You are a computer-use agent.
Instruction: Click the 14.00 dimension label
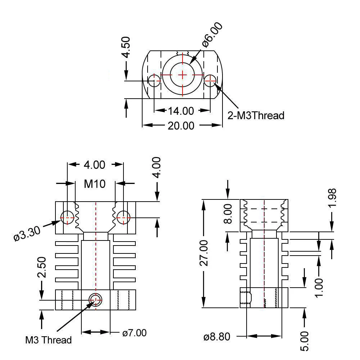[182, 111]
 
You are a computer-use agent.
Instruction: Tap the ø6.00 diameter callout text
[212, 35]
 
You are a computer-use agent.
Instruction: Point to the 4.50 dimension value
[126, 47]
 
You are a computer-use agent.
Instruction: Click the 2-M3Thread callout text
[256, 116]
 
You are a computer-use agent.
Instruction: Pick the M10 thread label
[95, 184]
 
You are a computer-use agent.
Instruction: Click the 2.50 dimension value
[42, 267]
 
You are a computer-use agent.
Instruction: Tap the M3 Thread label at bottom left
[48, 340]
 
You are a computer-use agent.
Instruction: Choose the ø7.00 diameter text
[134, 333]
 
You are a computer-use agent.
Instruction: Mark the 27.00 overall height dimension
[204, 253]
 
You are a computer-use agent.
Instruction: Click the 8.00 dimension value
[228, 214]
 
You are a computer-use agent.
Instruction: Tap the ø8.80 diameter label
[216, 337]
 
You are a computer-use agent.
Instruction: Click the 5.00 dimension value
[305, 341]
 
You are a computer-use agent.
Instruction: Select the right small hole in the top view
[210, 81]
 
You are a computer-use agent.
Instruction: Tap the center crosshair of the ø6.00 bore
[183, 75]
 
